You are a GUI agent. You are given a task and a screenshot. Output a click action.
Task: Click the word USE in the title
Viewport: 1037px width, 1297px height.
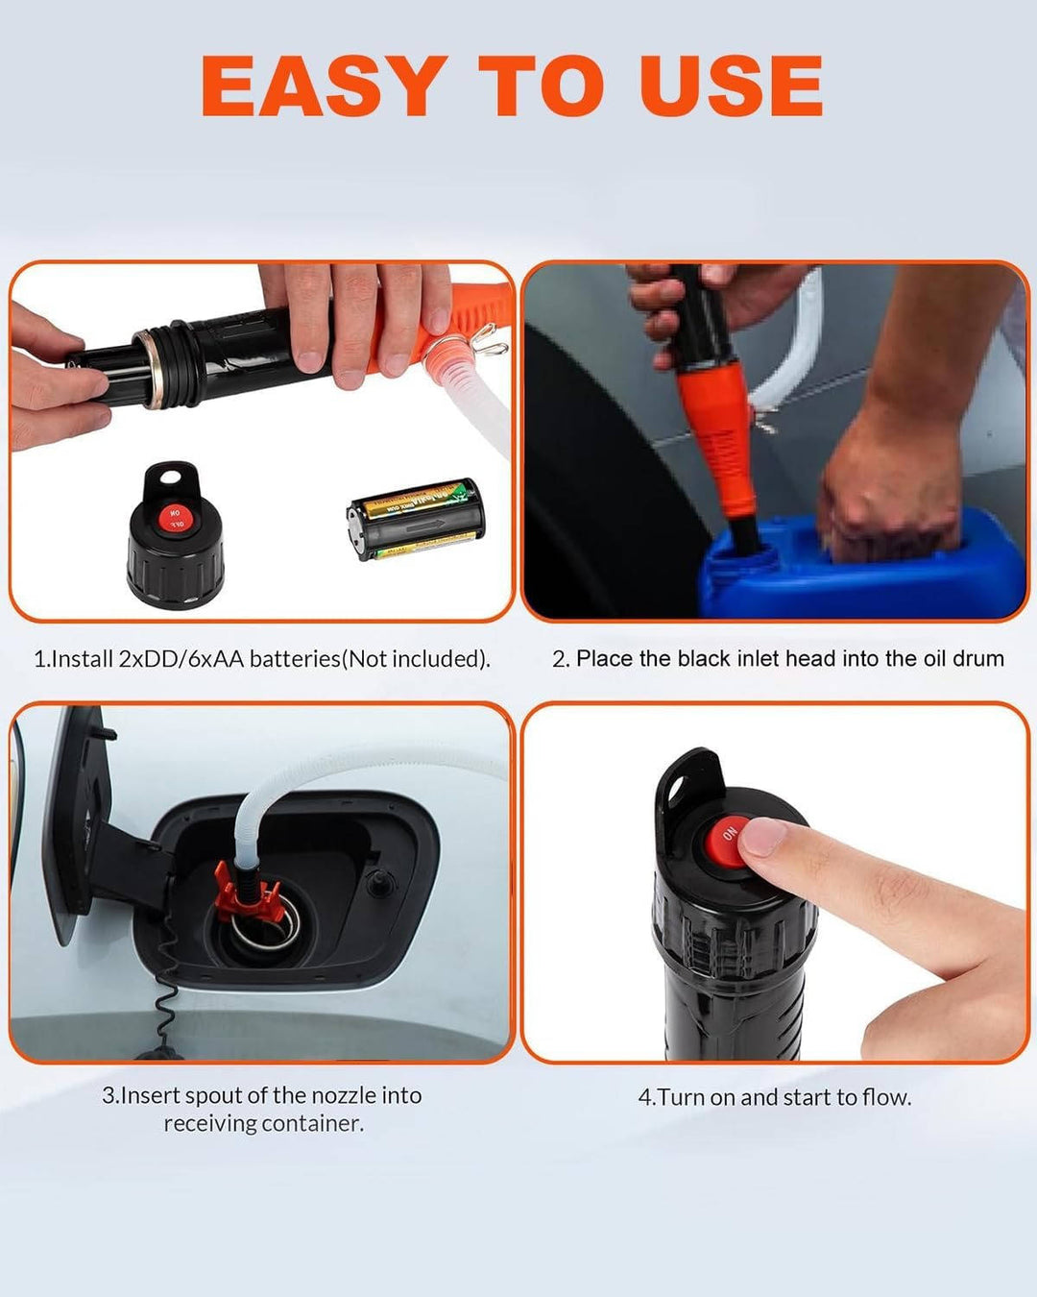point(730,86)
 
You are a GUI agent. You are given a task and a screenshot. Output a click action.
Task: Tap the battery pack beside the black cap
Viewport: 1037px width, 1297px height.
point(416,520)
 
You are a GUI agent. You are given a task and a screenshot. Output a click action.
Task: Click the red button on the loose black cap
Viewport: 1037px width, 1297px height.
point(176,520)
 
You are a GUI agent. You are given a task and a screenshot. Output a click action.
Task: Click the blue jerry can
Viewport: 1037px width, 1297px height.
point(864,576)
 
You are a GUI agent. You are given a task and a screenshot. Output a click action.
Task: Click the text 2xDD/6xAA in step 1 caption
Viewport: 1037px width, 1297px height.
point(181,659)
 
